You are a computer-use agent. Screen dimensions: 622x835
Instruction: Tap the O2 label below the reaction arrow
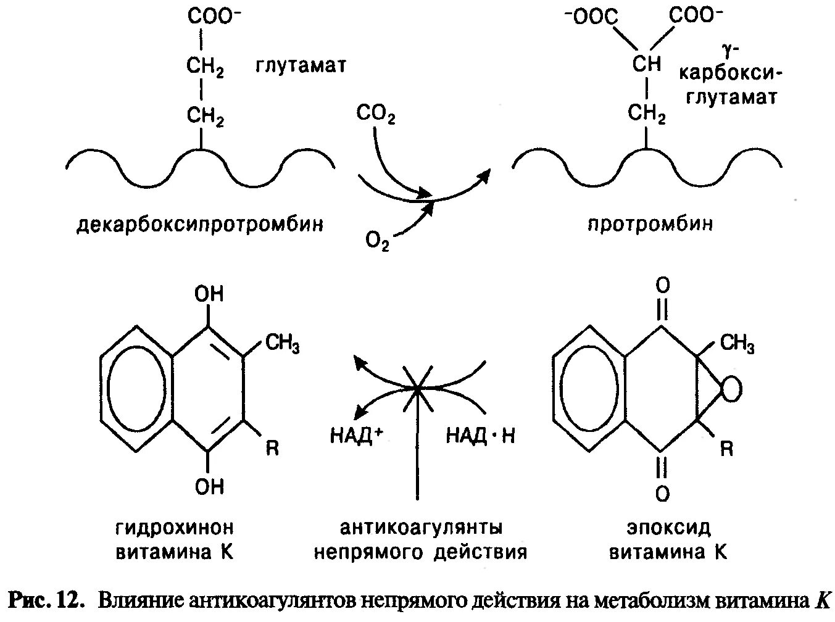[x=377, y=240]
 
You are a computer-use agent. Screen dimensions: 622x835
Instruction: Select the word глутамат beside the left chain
[x=301, y=65]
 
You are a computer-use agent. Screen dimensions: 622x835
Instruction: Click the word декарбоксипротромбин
[x=200, y=223]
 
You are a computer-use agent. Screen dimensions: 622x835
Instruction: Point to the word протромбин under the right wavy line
[x=650, y=223]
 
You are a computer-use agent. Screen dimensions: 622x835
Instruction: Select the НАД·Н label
[x=480, y=436]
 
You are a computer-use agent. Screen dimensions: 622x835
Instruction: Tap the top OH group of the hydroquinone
[x=209, y=294]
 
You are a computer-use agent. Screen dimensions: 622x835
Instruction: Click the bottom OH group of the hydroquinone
[x=209, y=487]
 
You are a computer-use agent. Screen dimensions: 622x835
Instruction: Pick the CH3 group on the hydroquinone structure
[x=282, y=343]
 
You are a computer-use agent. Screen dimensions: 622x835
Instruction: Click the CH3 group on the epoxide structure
[x=737, y=343]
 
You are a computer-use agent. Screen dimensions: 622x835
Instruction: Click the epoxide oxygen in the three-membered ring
[x=732, y=389]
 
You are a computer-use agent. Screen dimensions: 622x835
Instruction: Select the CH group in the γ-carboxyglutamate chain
[x=646, y=64]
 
